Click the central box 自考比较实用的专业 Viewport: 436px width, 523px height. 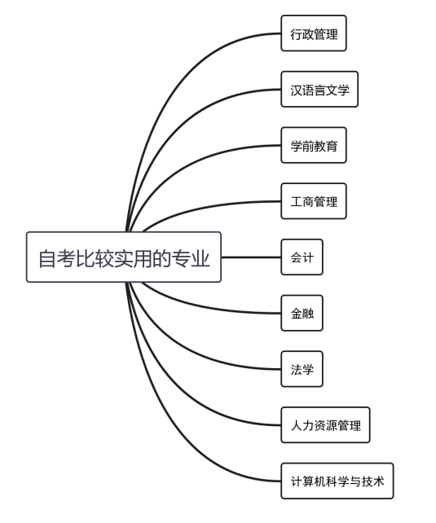pos(124,257)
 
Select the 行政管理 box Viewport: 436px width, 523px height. pos(314,33)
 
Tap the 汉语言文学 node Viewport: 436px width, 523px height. pos(319,90)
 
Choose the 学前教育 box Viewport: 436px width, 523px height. pos(314,146)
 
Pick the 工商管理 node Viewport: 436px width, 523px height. pos(314,201)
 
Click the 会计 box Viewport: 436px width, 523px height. pos(302,257)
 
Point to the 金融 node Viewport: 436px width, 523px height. pos(302,313)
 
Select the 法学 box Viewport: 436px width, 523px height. pos(302,369)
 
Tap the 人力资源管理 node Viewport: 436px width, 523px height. pos(326,425)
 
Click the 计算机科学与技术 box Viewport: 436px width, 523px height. pos(337,481)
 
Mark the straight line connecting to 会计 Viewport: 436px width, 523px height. pos(251,257)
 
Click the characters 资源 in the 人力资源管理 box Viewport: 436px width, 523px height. pos(326,425)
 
